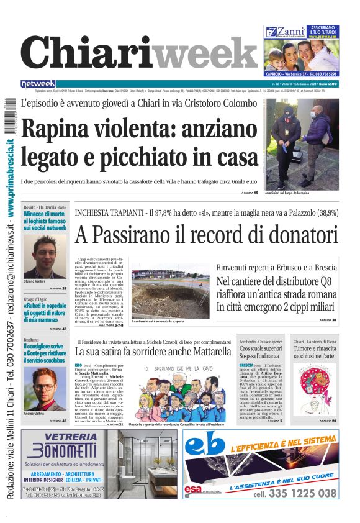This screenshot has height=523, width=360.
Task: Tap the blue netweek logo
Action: [38, 84]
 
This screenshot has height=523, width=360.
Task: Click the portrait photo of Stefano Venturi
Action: [45, 257]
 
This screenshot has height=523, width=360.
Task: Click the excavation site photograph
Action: [169, 293]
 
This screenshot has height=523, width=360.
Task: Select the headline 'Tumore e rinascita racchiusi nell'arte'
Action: [315, 352]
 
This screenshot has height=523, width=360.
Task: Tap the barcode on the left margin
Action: [8, 119]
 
